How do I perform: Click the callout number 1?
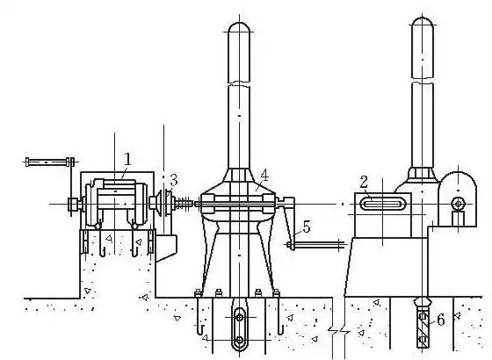(x=127, y=159)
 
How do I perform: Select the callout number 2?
(x=364, y=182)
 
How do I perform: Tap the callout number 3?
(x=174, y=180)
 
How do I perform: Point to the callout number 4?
(x=264, y=176)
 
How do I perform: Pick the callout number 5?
(x=307, y=227)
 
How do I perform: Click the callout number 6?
(x=441, y=320)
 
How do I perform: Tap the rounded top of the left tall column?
(x=239, y=27)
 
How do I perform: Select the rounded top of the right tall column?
(x=423, y=23)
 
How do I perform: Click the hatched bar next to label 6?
(x=423, y=327)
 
